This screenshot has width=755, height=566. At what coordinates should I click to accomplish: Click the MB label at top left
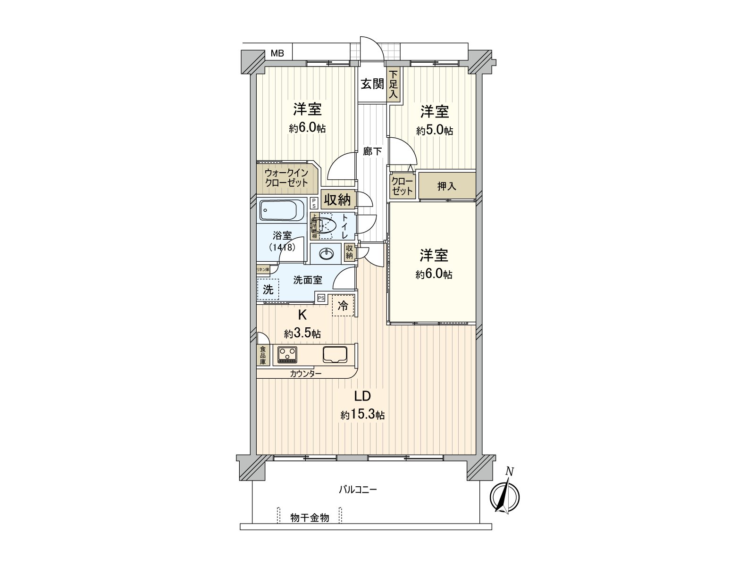point(277,53)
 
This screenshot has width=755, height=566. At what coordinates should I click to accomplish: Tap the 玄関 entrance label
point(372,84)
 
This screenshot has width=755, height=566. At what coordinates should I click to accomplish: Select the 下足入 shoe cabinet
point(393,85)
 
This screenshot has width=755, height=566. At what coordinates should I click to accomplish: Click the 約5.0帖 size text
point(434,131)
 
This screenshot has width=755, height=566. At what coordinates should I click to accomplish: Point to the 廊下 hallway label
point(372,152)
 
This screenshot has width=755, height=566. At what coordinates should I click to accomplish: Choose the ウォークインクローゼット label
point(286,178)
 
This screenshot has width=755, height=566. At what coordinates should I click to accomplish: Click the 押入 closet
point(446,186)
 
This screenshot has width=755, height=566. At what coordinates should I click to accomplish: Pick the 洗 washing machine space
point(268,290)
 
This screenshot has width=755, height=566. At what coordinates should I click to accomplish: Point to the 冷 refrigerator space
point(343,305)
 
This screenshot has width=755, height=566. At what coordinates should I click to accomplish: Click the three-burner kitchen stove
point(287,354)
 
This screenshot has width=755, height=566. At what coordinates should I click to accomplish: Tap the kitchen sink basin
point(335,354)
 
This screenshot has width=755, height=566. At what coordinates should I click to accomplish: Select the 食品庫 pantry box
point(262,356)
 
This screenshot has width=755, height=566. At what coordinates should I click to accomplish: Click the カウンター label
point(305,374)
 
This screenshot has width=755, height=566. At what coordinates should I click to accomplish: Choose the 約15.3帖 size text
point(362,415)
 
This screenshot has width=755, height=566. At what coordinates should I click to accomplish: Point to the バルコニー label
point(358,490)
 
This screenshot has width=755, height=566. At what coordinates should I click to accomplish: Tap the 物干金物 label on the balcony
point(310,518)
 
